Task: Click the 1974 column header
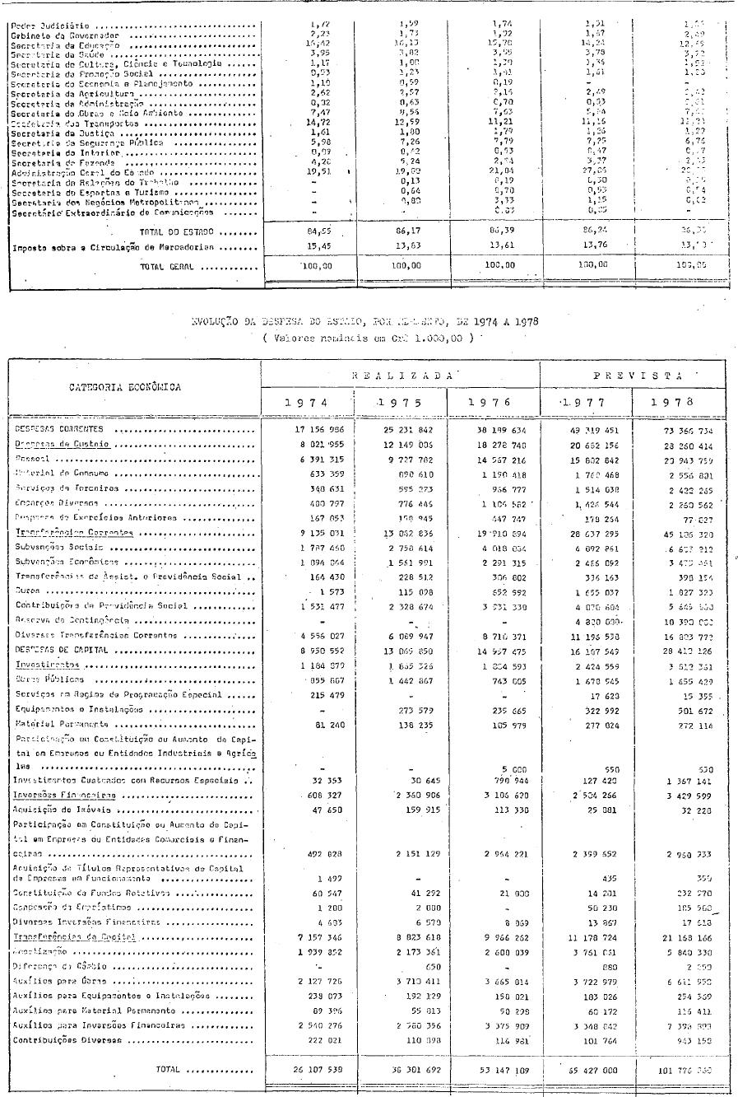pyautogui.click(x=307, y=403)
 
